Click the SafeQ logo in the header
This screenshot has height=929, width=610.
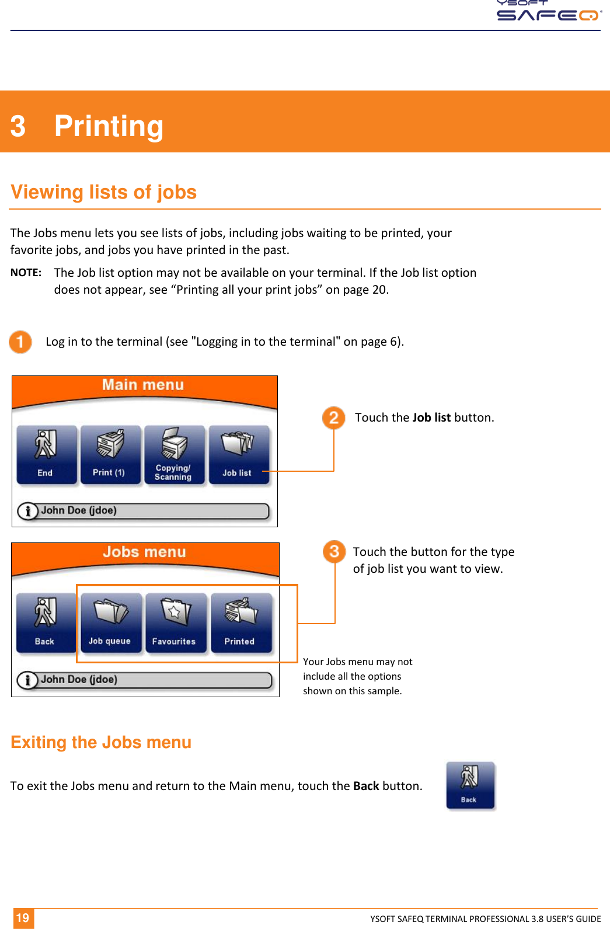[549, 12]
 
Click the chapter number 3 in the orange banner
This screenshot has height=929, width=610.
[18, 126]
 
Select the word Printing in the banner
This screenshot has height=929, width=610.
[109, 126]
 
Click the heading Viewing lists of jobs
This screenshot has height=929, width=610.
[104, 192]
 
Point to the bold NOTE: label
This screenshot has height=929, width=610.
[26, 273]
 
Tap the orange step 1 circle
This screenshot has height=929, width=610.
[20, 342]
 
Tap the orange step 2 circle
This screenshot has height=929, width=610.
[334, 417]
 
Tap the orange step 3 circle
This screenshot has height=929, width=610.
[334, 551]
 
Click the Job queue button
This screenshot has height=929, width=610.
[110, 623]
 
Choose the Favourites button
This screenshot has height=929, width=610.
[175, 623]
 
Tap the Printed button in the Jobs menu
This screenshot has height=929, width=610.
[240, 623]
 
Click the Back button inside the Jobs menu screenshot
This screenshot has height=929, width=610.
[46, 623]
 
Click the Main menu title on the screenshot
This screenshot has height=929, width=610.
[143, 385]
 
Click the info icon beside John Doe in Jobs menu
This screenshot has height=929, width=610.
[27, 680]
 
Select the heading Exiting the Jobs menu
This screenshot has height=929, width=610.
[101, 742]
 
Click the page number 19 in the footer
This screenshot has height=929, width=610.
[23, 918]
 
